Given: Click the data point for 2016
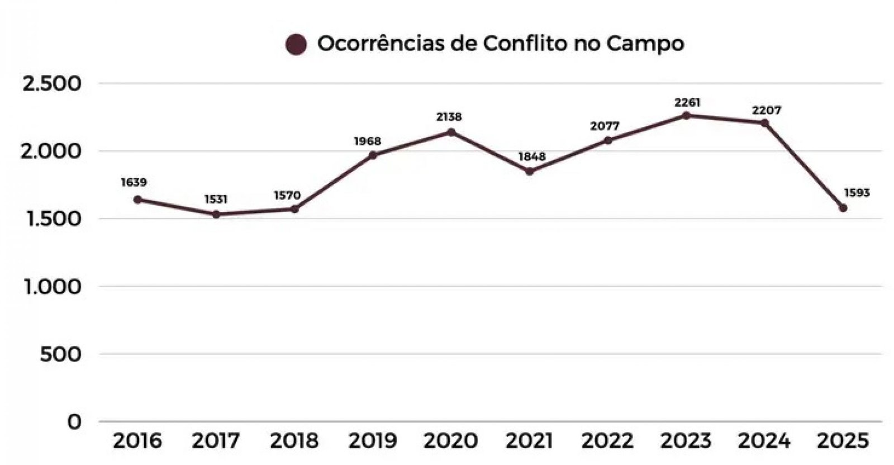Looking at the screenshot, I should pyautogui.click(x=137, y=200).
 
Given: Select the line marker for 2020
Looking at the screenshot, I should pyautogui.click(x=451, y=132).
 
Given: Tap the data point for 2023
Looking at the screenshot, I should pyautogui.click(x=686, y=116).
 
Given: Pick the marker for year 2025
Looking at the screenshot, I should pyautogui.click(x=843, y=208).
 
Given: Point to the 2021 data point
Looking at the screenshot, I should pyautogui.click(x=529, y=172).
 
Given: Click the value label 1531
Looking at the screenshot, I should pyautogui.click(x=216, y=200).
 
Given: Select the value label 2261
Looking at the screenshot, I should pyautogui.click(x=687, y=103).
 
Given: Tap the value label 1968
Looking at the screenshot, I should pyautogui.click(x=367, y=141).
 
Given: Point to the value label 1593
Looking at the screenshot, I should pyautogui.click(x=857, y=193).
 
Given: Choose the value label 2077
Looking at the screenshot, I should pyautogui.click(x=605, y=127).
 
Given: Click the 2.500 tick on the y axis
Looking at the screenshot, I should pyautogui.click(x=51, y=84).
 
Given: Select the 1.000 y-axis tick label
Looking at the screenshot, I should pyautogui.click(x=51, y=287).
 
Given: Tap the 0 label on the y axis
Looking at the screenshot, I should pyautogui.click(x=74, y=422).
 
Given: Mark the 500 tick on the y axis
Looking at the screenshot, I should pyautogui.click(x=60, y=354).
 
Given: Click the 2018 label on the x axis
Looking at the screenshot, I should pyautogui.click(x=294, y=441).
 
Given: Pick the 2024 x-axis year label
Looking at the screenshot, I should pyautogui.click(x=764, y=441).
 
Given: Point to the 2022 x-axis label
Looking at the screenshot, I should pyautogui.click(x=607, y=441).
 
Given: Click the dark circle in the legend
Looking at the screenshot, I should pyautogui.click(x=296, y=45).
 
